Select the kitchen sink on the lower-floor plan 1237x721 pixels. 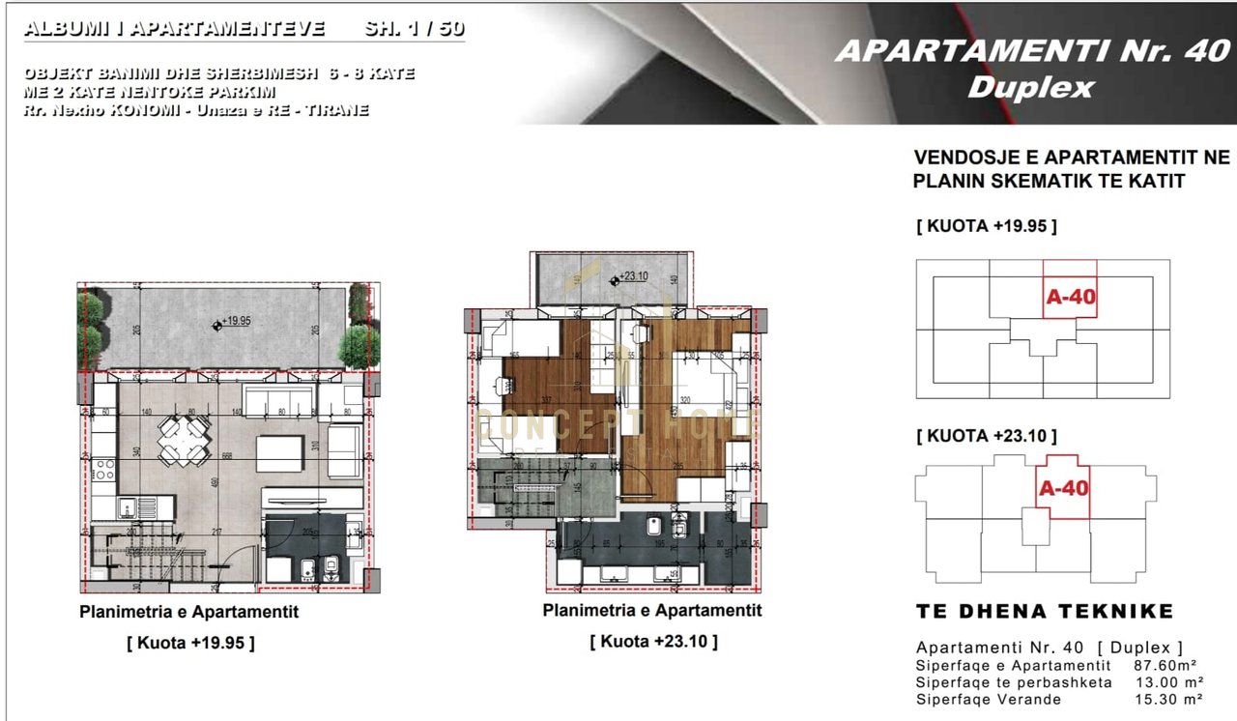click(x=129, y=506)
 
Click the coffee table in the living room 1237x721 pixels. click(x=274, y=449)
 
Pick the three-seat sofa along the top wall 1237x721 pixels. click(x=278, y=399)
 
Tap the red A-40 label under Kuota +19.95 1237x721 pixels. click(x=1070, y=297)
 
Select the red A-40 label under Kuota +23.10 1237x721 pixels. click(x=1063, y=488)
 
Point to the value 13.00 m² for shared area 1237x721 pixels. click(x=1170, y=682)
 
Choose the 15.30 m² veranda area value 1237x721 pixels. click(x=1170, y=699)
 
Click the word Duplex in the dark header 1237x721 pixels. click(x=1030, y=88)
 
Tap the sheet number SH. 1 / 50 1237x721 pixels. click(x=414, y=29)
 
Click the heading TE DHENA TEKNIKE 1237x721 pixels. click(x=1044, y=611)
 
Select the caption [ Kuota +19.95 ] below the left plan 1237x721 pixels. click(x=190, y=643)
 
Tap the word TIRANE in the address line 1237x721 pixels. click(x=337, y=110)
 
